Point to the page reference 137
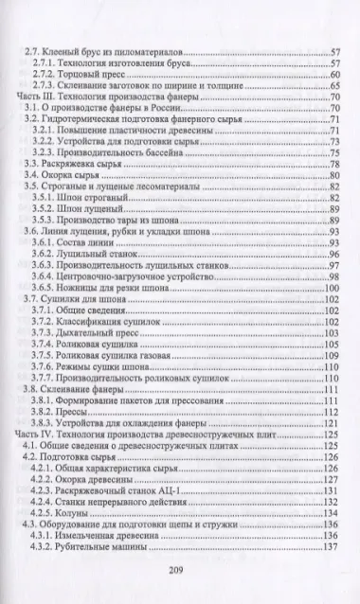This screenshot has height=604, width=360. (330, 546)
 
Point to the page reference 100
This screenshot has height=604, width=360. (330, 288)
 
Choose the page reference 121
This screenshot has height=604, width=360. (330, 422)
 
